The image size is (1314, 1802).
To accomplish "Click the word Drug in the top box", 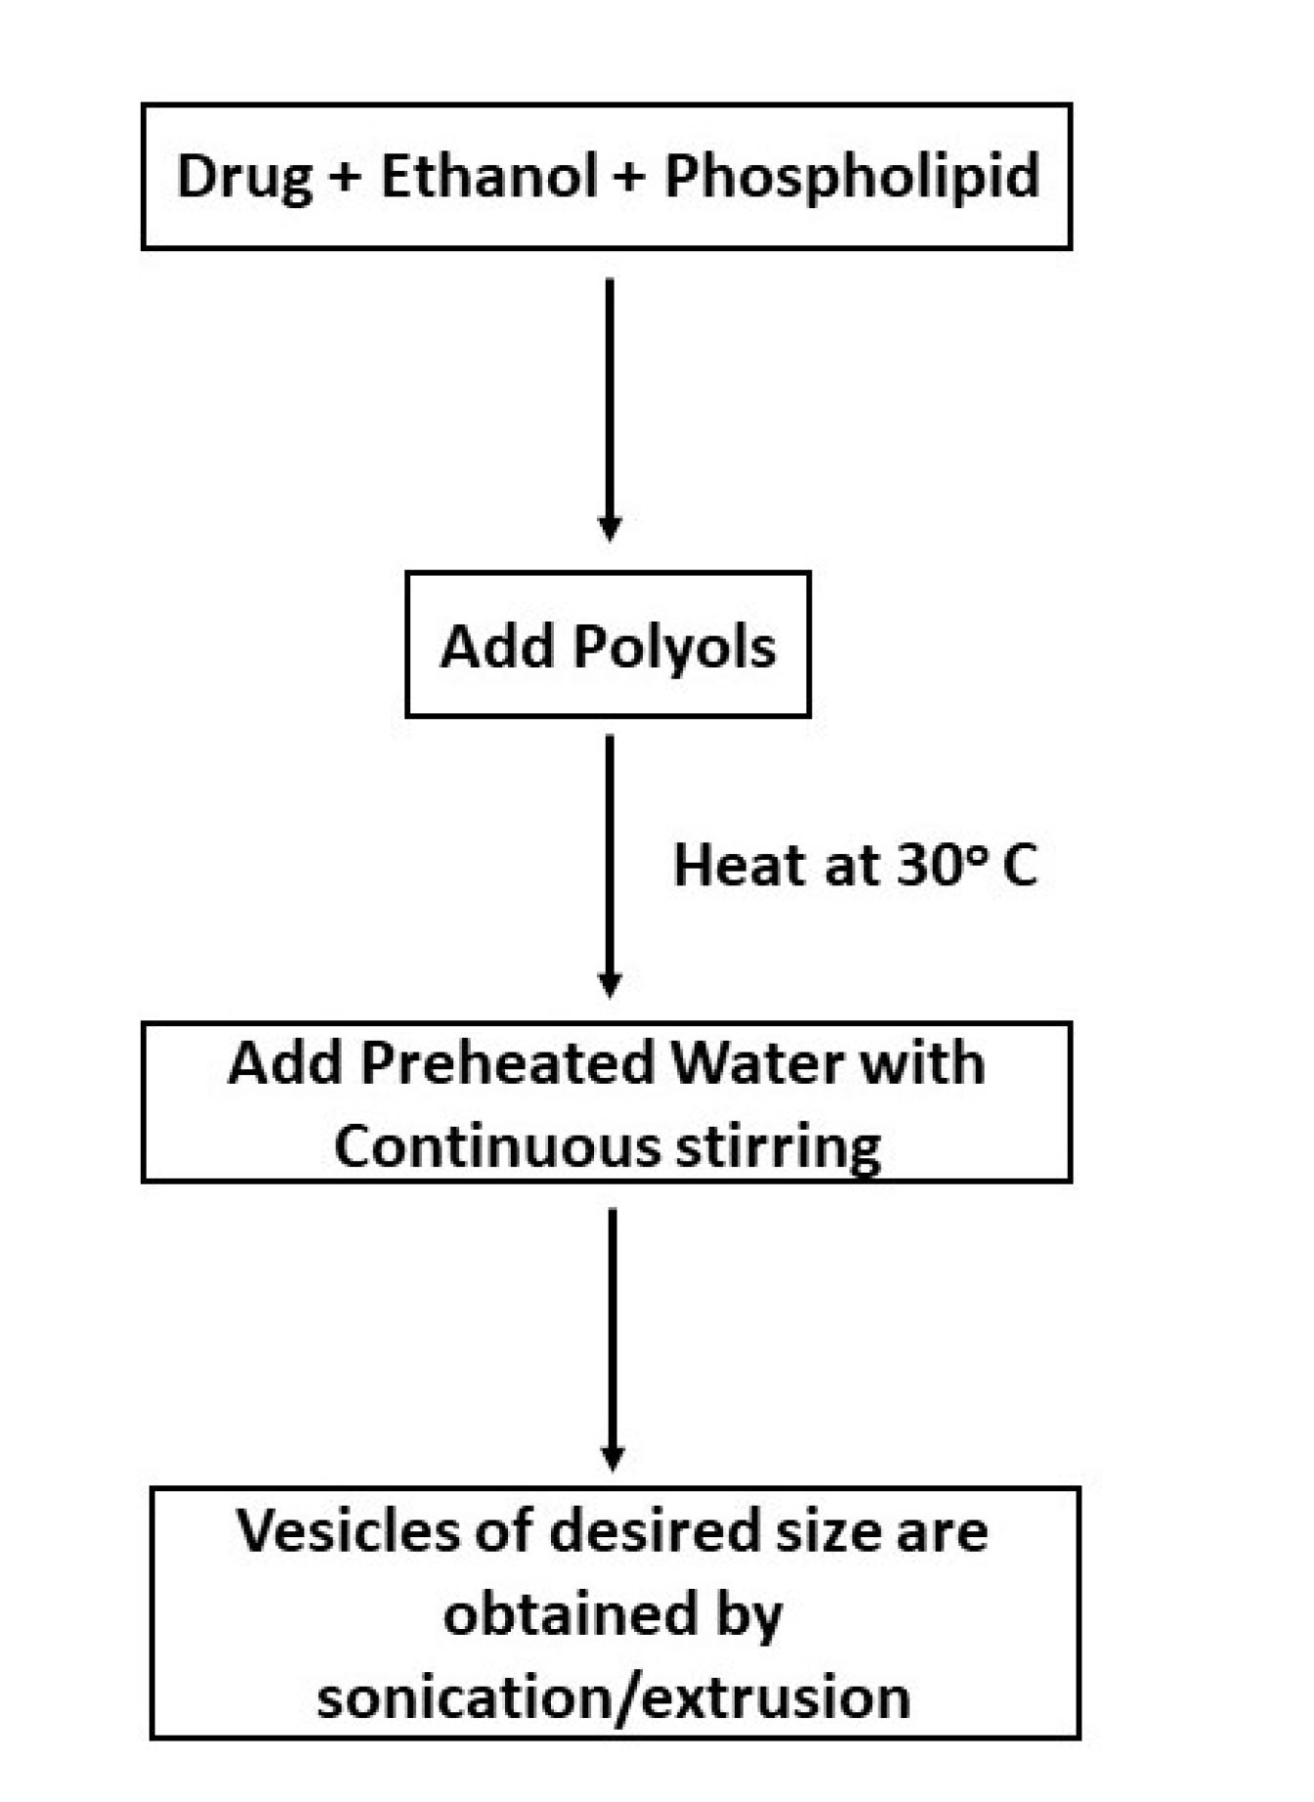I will pyautogui.click(x=244, y=178).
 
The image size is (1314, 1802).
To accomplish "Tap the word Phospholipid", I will pyautogui.click(x=851, y=178).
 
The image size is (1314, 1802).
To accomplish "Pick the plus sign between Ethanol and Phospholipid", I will pyautogui.click(x=631, y=179).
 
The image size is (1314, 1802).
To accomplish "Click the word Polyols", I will pyautogui.click(x=674, y=647).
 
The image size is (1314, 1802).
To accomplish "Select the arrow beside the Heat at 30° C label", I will pyautogui.click(x=610, y=865).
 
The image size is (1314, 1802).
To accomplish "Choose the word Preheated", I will pyautogui.click(x=507, y=1063).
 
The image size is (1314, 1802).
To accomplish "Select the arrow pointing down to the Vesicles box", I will pyautogui.click(x=612, y=1339).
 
